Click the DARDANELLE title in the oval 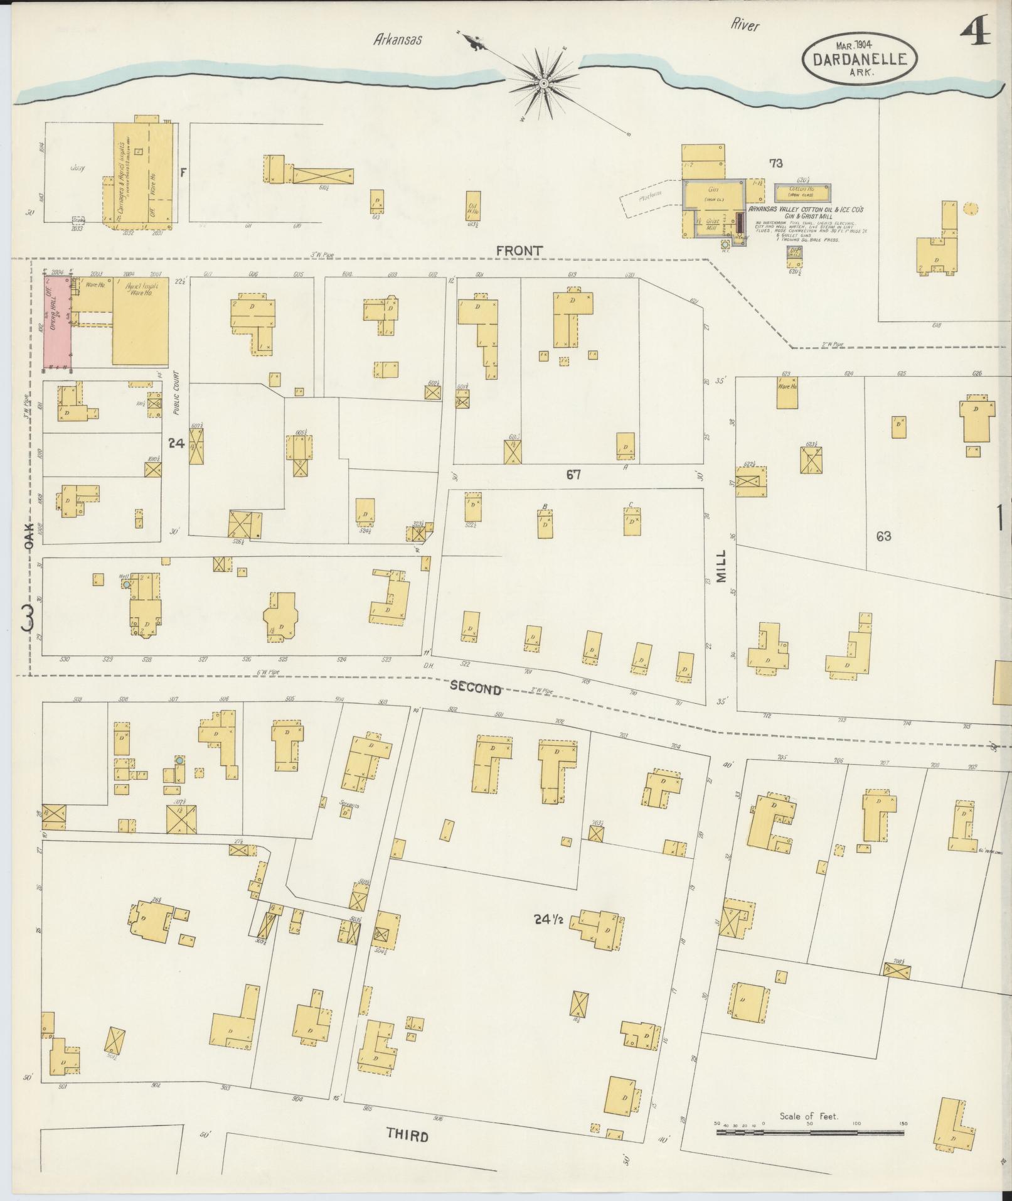click(859, 59)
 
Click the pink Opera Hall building click(57, 323)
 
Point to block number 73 click(776, 163)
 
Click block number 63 click(883, 536)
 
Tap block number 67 click(573, 475)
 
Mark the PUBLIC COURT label click(177, 392)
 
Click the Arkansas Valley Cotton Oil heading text click(805, 210)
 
